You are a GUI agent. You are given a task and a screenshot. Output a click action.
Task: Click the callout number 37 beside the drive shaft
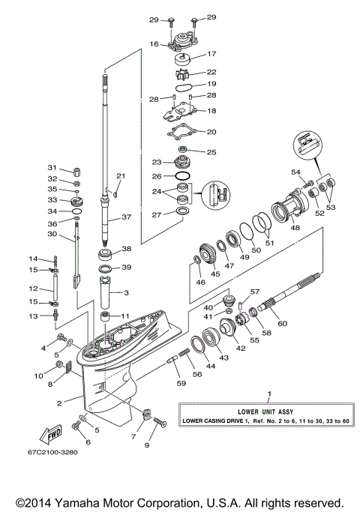point(127,217)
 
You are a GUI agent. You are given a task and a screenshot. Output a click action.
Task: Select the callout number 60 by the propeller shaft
point(283,323)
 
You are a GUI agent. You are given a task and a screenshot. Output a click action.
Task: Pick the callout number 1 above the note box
point(270,393)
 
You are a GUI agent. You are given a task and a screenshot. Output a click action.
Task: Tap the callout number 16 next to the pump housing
point(153,44)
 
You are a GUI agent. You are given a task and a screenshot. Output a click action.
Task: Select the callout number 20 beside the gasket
point(211,131)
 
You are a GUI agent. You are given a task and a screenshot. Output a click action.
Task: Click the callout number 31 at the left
point(52,167)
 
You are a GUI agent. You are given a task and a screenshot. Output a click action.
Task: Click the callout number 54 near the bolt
point(295,172)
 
